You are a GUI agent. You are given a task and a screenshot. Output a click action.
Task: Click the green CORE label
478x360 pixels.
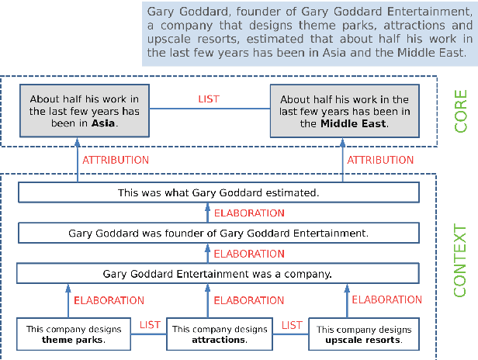click(x=461, y=110)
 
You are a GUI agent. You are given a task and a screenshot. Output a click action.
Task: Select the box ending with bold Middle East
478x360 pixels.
click(x=345, y=110)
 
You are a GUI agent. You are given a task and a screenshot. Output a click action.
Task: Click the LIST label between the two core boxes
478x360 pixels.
click(x=209, y=99)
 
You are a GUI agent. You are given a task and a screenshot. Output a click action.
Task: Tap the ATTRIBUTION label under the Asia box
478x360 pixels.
click(x=116, y=160)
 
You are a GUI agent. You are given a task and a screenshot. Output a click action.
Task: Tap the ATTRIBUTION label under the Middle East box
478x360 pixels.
click(x=380, y=160)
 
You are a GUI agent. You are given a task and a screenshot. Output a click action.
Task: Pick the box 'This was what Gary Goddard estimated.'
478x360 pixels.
click(x=218, y=192)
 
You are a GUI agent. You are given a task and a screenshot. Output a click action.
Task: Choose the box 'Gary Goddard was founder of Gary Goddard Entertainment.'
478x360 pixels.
click(x=218, y=233)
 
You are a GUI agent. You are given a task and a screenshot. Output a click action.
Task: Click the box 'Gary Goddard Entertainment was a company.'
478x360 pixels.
click(x=218, y=274)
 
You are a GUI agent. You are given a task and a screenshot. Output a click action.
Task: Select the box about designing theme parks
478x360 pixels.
click(x=74, y=334)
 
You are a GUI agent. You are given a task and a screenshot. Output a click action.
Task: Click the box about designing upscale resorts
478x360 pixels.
click(x=364, y=334)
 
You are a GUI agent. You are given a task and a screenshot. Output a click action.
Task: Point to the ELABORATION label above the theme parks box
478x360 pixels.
click(x=109, y=300)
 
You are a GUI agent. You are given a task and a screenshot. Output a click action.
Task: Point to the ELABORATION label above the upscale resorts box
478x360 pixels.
click(x=387, y=299)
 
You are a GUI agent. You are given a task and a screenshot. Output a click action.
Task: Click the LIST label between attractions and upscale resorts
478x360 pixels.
click(x=292, y=325)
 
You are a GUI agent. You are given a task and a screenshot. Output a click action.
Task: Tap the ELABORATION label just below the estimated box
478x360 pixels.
click(x=249, y=213)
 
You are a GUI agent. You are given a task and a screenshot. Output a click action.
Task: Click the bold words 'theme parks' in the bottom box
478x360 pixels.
click(x=73, y=340)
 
